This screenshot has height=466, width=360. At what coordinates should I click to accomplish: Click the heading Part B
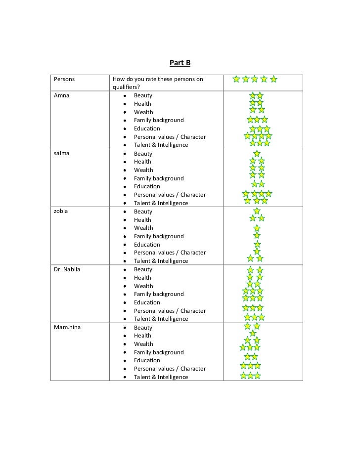pos(180,63)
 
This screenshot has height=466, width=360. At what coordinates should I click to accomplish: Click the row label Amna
pos(61,95)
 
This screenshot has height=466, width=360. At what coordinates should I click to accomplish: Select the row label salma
pos(62,153)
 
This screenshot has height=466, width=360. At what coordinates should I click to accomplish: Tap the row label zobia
pos(61,212)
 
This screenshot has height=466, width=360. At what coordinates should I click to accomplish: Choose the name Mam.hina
pos(68,328)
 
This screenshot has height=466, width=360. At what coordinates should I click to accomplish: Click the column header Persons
pos(65,79)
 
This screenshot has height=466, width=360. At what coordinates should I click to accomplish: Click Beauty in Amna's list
pos(143,95)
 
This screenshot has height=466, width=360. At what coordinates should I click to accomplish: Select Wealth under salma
pos(143,170)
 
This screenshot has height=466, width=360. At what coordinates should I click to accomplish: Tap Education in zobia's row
pos(147,245)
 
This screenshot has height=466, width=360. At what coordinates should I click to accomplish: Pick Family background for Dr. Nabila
pos(159,294)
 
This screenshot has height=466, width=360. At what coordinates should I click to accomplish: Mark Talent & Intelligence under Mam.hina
pos(161,377)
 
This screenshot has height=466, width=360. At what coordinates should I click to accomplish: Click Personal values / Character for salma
pos(170,195)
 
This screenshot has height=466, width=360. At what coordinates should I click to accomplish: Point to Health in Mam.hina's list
pos(142,336)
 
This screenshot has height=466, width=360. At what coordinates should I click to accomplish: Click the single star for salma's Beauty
pos(257,154)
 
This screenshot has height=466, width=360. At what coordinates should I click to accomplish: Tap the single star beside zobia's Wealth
pos(257,228)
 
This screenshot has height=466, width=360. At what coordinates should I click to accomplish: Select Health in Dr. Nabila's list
pos(142,278)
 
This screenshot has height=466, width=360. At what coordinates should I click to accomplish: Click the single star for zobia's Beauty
pos(257,211)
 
